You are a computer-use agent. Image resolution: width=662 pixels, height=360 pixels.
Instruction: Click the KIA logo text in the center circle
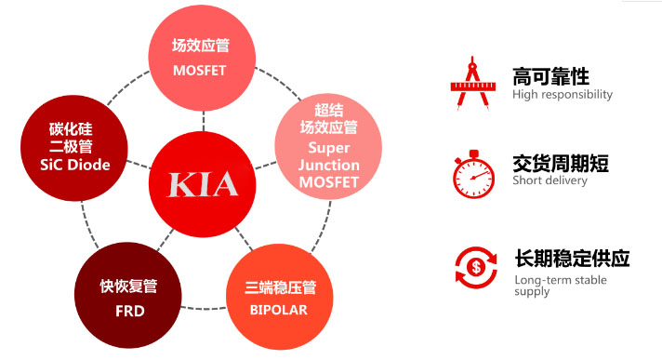203,183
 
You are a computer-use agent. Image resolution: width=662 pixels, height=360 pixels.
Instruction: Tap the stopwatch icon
472,174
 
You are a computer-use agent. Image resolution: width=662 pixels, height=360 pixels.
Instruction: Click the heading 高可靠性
550,76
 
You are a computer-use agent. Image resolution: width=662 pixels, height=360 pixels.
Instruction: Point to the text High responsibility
563,94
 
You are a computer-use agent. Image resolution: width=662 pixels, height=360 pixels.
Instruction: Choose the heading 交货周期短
561,164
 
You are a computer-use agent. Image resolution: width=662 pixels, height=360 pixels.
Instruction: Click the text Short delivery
549,180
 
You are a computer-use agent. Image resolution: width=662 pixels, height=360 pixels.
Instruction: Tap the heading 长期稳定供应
572,258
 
